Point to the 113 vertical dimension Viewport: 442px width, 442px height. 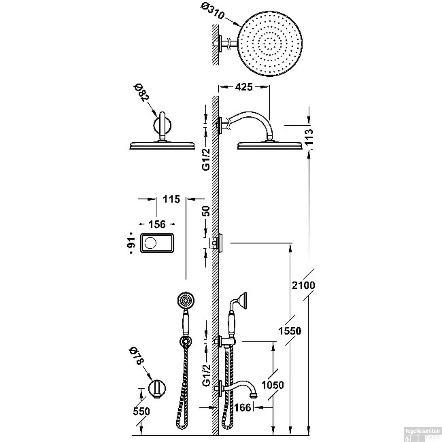click(309, 137)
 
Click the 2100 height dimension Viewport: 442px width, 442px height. click(304, 285)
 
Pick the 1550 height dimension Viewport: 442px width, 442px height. click(290, 331)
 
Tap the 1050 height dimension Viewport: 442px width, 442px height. click(273, 385)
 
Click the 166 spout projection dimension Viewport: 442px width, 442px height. click(243, 408)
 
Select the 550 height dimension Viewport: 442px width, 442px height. click(141, 411)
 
